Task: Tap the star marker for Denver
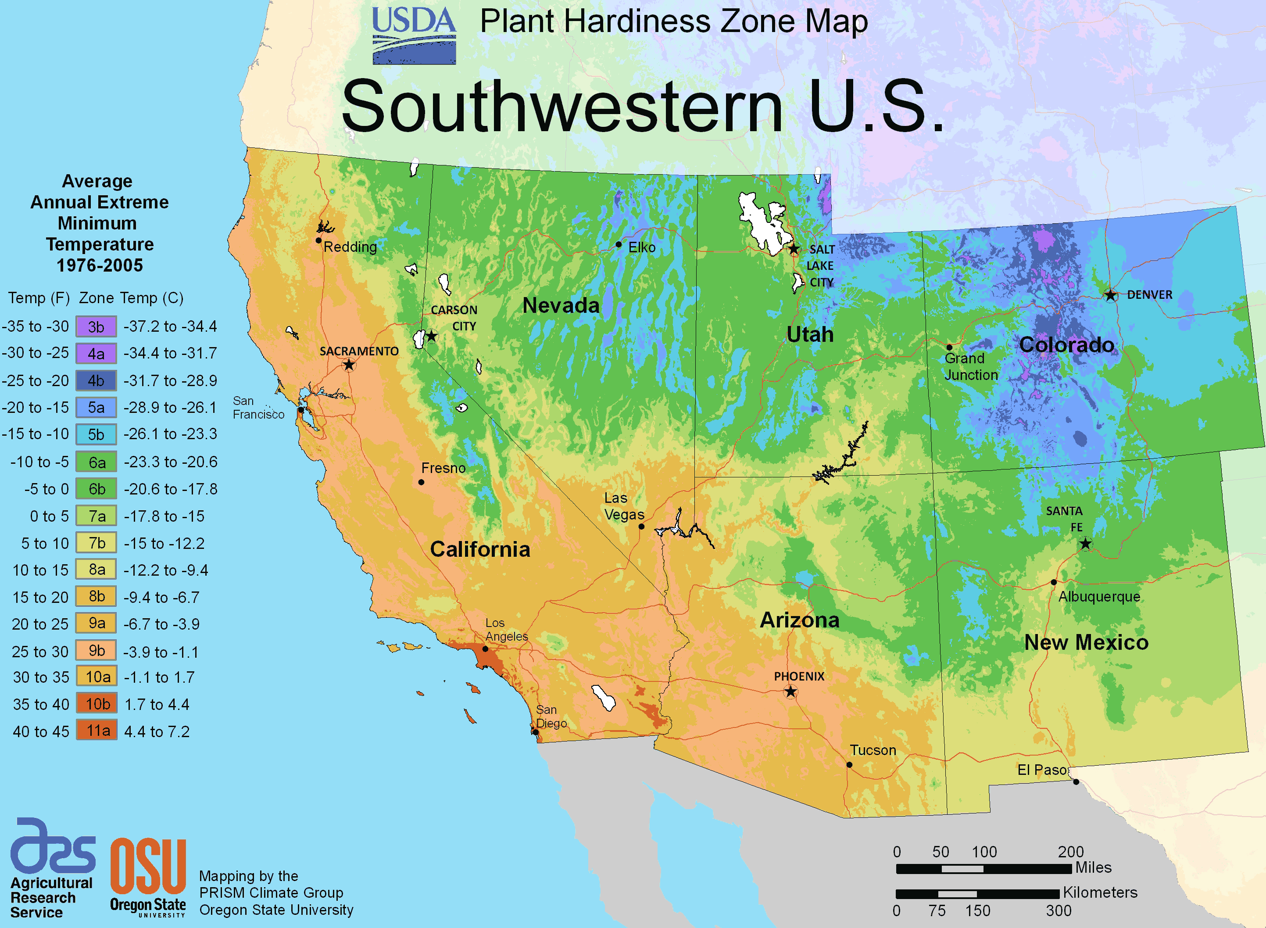pyautogui.click(x=1110, y=295)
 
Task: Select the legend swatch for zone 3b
pyautogui.click(x=96, y=326)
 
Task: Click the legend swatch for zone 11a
pyautogui.click(x=97, y=730)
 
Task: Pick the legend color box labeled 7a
pyautogui.click(x=97, y=516)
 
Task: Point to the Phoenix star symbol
pyautogui.click(x=790, y=692)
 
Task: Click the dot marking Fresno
pyautogui.click(x=421, y=482)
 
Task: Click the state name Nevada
pyautogui.click(x=561, y=305)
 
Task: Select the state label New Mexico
pyautogui.click(x=1086, y=642)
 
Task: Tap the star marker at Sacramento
pyautogui.click(x=349, y=365)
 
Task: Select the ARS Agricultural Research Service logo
pyautogui.click(x=52, y=868)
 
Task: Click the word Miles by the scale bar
pyautogui.click(x=1093, y=867)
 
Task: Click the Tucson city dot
pyautogui.click(x=849, y=764)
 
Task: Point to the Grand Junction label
pyautogui.click(x=971, y=366)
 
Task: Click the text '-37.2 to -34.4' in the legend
pyautogui.click(x=170, y=326)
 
